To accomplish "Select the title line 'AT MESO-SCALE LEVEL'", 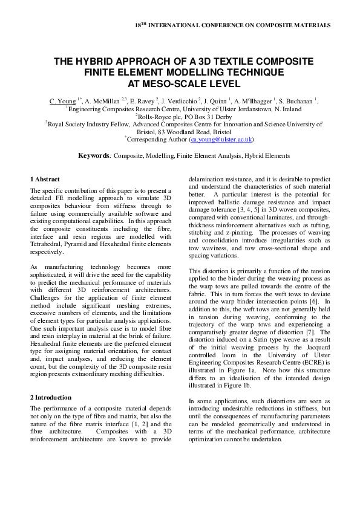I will click(180, 83).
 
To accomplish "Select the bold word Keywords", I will click(95, 155).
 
